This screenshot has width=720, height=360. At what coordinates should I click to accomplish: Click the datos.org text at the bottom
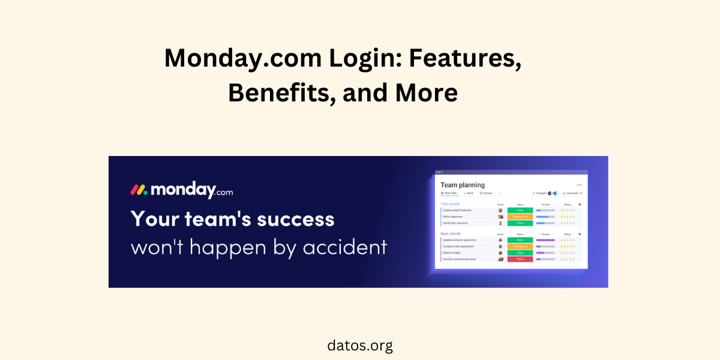point(360,346)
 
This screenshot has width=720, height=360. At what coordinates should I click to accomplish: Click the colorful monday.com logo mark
point(139,190)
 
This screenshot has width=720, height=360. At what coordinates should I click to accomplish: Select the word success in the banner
point(295,218)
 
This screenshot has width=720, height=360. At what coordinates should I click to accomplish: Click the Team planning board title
point(462,185)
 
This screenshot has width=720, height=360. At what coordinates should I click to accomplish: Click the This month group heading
point(450,204)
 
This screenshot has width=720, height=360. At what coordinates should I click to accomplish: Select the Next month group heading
point(451,233)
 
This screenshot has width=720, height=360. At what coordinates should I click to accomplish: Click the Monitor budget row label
point(452,253)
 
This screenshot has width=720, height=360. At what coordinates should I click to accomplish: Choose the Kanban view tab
point(487,193)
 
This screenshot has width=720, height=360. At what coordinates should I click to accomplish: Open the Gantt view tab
point(469,193)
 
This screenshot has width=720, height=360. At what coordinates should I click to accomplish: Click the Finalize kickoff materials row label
point(457,211)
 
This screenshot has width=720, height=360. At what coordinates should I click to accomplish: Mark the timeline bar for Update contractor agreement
point(545,240)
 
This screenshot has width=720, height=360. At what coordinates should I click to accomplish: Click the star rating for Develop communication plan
point(568,259)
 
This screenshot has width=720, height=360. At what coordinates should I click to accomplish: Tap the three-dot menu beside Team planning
point(579,185)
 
